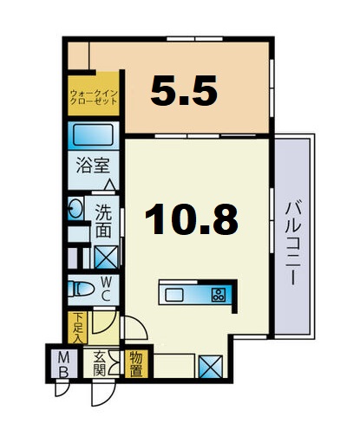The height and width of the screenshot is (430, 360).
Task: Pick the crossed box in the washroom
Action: point(106,257)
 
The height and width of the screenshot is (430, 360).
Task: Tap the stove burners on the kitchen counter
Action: point(219,294)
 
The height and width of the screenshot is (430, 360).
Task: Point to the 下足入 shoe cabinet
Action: point(77,328)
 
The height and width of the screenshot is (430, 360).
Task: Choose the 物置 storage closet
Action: point(137,362)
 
